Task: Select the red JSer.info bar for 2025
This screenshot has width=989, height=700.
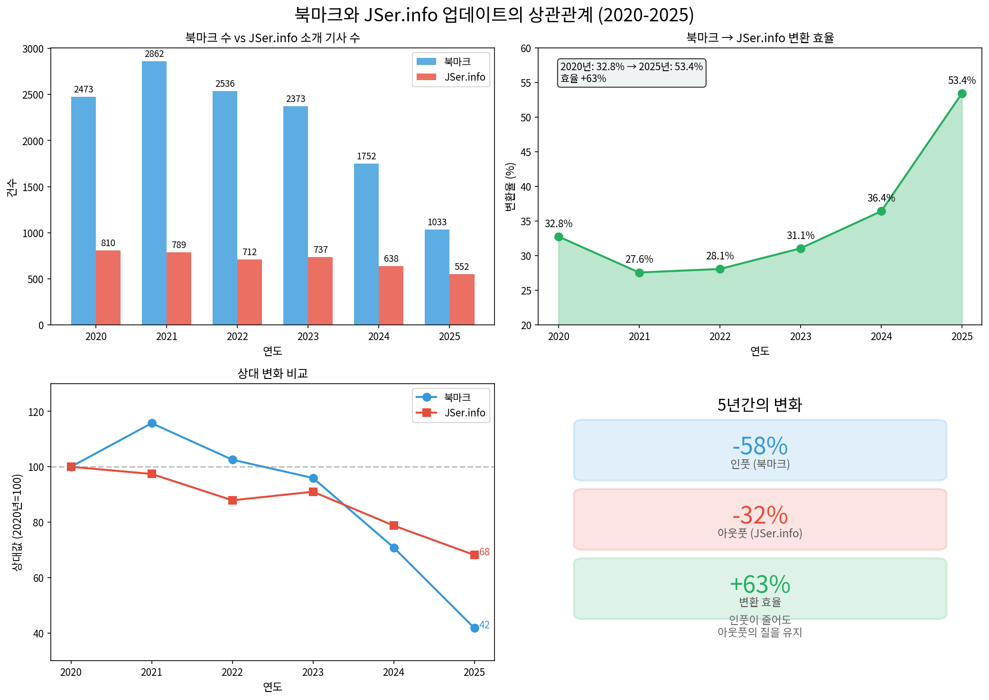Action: coord(462,299)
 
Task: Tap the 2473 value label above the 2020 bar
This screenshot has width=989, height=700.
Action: coord(84,90)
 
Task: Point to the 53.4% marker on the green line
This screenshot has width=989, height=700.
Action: coord(962,94)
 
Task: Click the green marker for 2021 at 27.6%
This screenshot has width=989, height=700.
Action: coord(639,273)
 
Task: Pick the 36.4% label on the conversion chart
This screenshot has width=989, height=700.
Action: coord(881,198)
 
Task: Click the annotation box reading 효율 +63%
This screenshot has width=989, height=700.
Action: coord(631,73)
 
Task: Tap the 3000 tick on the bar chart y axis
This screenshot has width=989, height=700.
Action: coord(33,49)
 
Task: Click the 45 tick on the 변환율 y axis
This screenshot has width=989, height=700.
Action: coord(526,152)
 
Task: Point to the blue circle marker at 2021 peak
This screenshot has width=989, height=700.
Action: coord(152,423)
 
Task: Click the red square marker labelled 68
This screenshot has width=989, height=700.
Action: coord(474,555)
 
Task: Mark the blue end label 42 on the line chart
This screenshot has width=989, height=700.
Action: coord(485,625)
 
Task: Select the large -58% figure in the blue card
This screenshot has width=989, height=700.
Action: coord(760,446)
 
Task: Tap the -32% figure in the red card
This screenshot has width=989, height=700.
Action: coord(760,516)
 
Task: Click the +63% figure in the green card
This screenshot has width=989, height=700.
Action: coord(760,585)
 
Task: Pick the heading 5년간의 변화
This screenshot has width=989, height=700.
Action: coord(760,405)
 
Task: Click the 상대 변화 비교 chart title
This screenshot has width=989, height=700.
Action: coord(272,374)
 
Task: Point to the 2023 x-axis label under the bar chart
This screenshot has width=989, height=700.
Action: coord(308,337)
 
